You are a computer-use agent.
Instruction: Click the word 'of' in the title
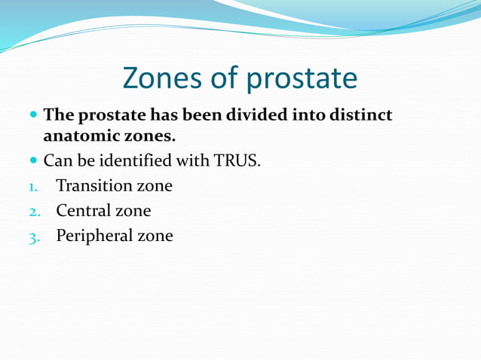(224, 78)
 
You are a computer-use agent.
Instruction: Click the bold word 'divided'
(266, 117)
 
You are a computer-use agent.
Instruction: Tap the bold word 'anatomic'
(80, 137)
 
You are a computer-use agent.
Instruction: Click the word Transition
(92, 185)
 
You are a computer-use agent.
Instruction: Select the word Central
(82, 211)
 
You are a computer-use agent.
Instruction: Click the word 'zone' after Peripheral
(155, 236)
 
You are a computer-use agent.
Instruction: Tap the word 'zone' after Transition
(153, 185)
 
